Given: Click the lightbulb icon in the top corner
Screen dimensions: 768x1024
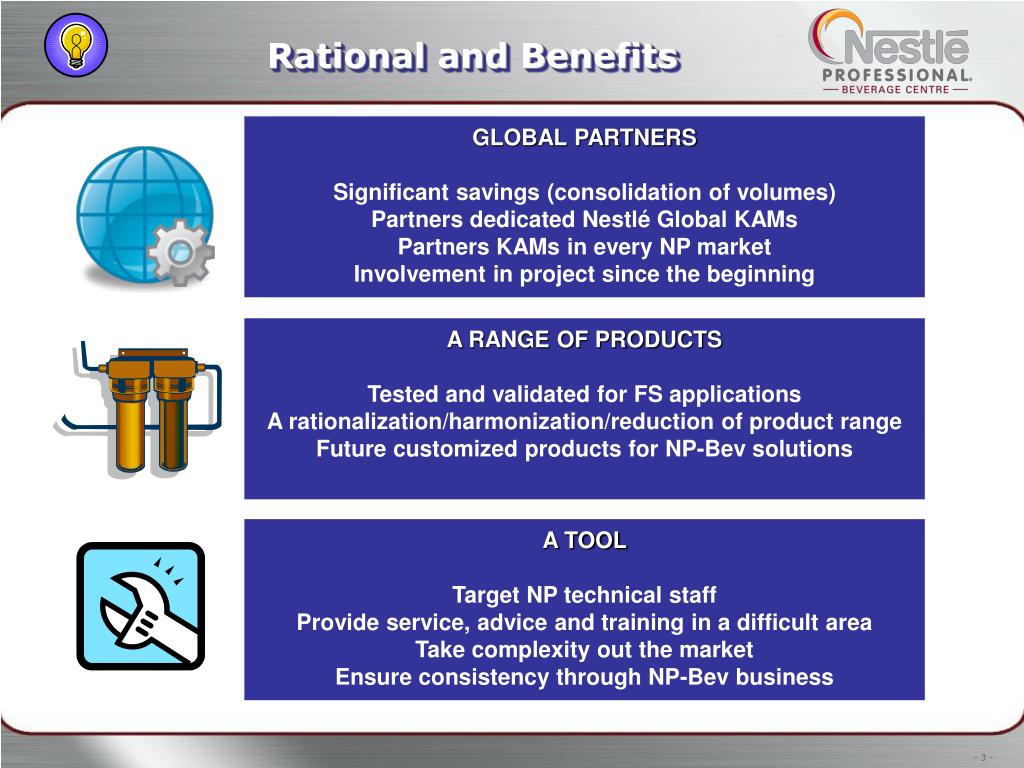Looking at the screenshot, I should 76,46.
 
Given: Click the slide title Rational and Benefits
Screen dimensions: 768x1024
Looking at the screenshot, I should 473,57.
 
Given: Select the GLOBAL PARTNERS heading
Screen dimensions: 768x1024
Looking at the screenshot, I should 584,138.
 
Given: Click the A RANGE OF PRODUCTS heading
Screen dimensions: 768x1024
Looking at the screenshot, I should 584,340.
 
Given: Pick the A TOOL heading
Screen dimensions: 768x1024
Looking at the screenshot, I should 584,541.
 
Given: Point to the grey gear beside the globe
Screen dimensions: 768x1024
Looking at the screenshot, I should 181,252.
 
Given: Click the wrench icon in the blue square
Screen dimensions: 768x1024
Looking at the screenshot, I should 140,606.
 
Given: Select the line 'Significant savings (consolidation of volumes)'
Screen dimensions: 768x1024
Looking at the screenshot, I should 584,192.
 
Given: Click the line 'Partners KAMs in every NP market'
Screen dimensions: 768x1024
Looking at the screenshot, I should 584,247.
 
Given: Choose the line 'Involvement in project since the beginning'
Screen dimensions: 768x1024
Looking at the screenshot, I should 584,274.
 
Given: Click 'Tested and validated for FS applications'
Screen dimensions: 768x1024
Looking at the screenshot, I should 584,394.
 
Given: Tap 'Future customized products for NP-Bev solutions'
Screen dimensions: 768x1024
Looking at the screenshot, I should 584,449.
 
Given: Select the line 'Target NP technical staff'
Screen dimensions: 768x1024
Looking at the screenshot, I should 584,595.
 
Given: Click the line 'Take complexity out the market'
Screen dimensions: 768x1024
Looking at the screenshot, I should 584,650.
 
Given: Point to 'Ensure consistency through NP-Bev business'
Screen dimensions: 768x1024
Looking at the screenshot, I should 584,677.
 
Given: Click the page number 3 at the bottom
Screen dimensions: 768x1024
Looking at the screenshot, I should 984,756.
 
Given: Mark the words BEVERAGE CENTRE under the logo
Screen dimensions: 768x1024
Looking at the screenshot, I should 896,89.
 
